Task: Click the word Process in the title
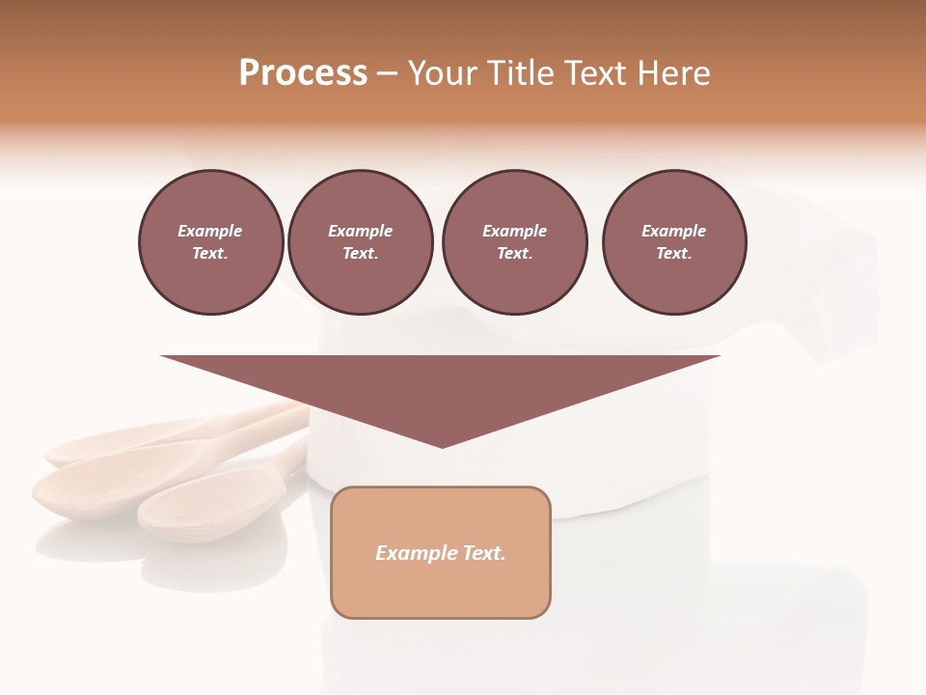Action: pos(303,73)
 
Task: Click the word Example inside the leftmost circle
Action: pos(210,231)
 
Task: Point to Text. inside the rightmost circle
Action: pos(674,253)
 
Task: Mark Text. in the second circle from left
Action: pos(361,253)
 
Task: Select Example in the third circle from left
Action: pos(515,231)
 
